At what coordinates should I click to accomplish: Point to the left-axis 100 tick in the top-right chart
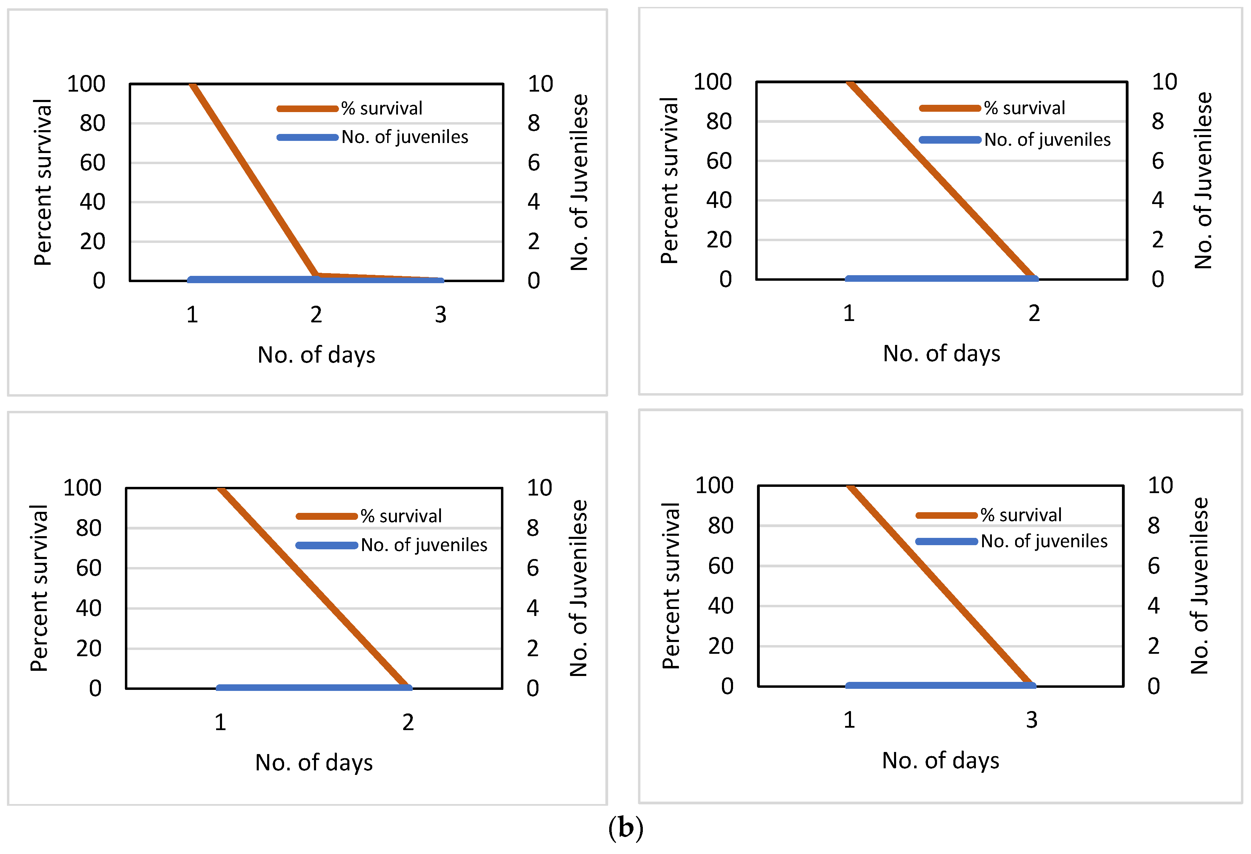click(x=712, y=82)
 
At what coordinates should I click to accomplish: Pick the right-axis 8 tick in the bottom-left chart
click(x=533, y=528)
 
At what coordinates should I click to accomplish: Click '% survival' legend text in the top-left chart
click(x=382, y=109)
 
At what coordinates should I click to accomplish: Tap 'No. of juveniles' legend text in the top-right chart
click(x=1047, y=140)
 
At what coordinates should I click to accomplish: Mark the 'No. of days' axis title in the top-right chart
click(x=942, y=354)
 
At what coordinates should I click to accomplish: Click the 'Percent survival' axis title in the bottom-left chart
click(x=39, y=588)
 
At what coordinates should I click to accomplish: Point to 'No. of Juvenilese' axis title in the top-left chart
click(x=579, y=182)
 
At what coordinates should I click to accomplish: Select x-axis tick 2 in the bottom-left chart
click(x=408, y=722)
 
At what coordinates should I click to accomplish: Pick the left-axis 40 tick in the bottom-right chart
click(x=720, y=606)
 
